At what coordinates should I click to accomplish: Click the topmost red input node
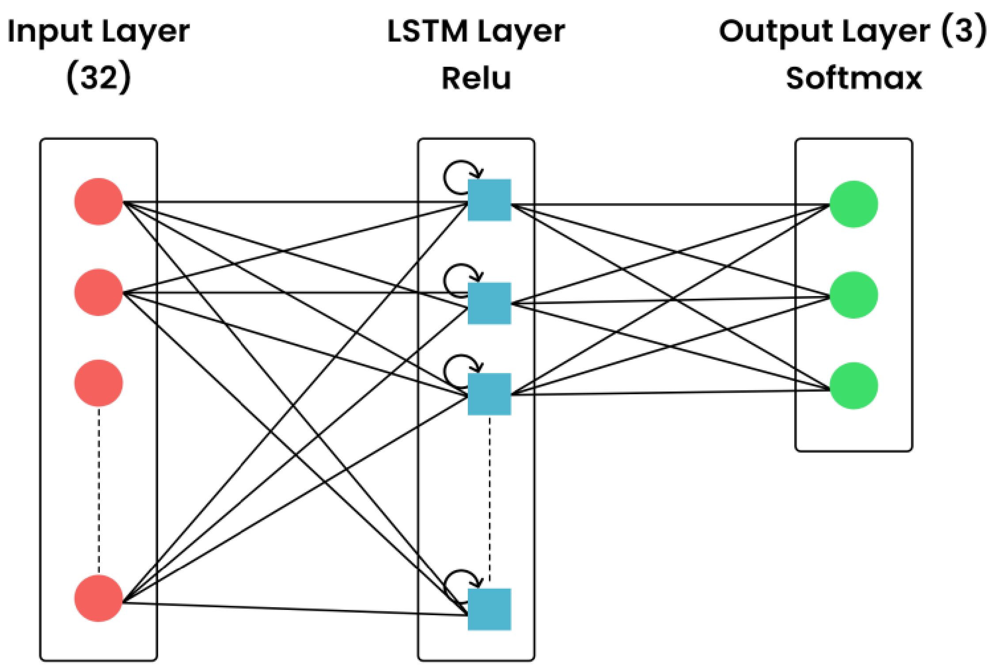click(x=98, y=202)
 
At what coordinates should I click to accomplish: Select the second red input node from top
click(x=98, y=292)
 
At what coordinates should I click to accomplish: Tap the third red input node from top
click(x=98, y=383)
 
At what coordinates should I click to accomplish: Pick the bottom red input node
click(x=98, y=598)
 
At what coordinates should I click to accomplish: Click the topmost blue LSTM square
click(x=489, y=200)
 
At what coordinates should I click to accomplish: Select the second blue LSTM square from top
click(x=489, y=303)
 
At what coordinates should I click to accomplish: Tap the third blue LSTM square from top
click(x=489, y=394)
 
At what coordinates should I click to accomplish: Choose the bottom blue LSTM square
click(x=489, y=609)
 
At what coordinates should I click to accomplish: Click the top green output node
click(x=853, y=204)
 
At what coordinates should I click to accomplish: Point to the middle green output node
click(x=853, y=295)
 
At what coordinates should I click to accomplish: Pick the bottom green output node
click(x=853, y=385)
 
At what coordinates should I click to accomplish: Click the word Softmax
click(x=854, y=79)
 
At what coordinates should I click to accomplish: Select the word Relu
click(x=476, y=79)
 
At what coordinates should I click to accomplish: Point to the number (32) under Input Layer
click(x=99, y=77)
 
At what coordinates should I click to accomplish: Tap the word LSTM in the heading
click(x=427, y=32)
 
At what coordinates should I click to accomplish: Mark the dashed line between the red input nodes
click(x=99, y=491)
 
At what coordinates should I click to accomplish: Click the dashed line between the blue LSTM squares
click(x=489, y=499)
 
